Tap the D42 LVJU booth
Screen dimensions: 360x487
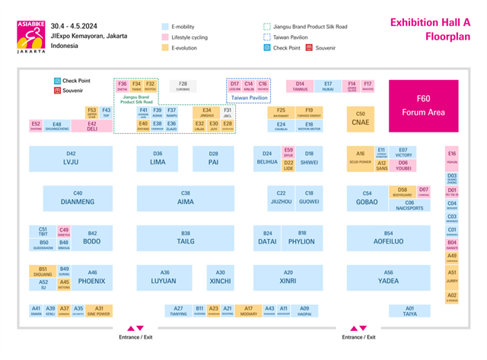tap(72, 158)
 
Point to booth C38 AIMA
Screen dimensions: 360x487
tap(186, 198)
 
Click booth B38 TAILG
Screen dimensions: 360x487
tap(186, 237)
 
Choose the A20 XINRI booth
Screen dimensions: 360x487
tap(288, 277)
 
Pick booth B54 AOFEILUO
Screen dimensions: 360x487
tap(388, 237)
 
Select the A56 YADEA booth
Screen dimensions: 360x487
tap(388, 277)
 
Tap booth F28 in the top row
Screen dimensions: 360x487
tap(183, 85)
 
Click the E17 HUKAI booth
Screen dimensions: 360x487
tap(328, 86)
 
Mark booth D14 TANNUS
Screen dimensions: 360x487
tap(300, 86)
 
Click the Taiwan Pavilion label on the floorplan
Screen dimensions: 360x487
tap(250, 98)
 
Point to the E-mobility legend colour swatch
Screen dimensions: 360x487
tap(164, 27)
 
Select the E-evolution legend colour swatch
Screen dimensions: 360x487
tap(164, 48)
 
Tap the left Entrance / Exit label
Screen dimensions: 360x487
tap(135, 337)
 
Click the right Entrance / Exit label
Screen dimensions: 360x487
tap(358, 337)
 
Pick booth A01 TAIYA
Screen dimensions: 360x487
tap(410, 311)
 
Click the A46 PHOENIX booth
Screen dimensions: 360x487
tap(92, 277)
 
